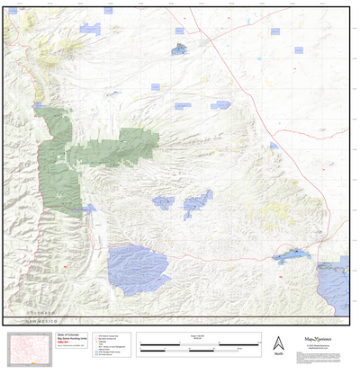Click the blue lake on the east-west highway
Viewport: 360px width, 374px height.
tap(293, 257)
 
